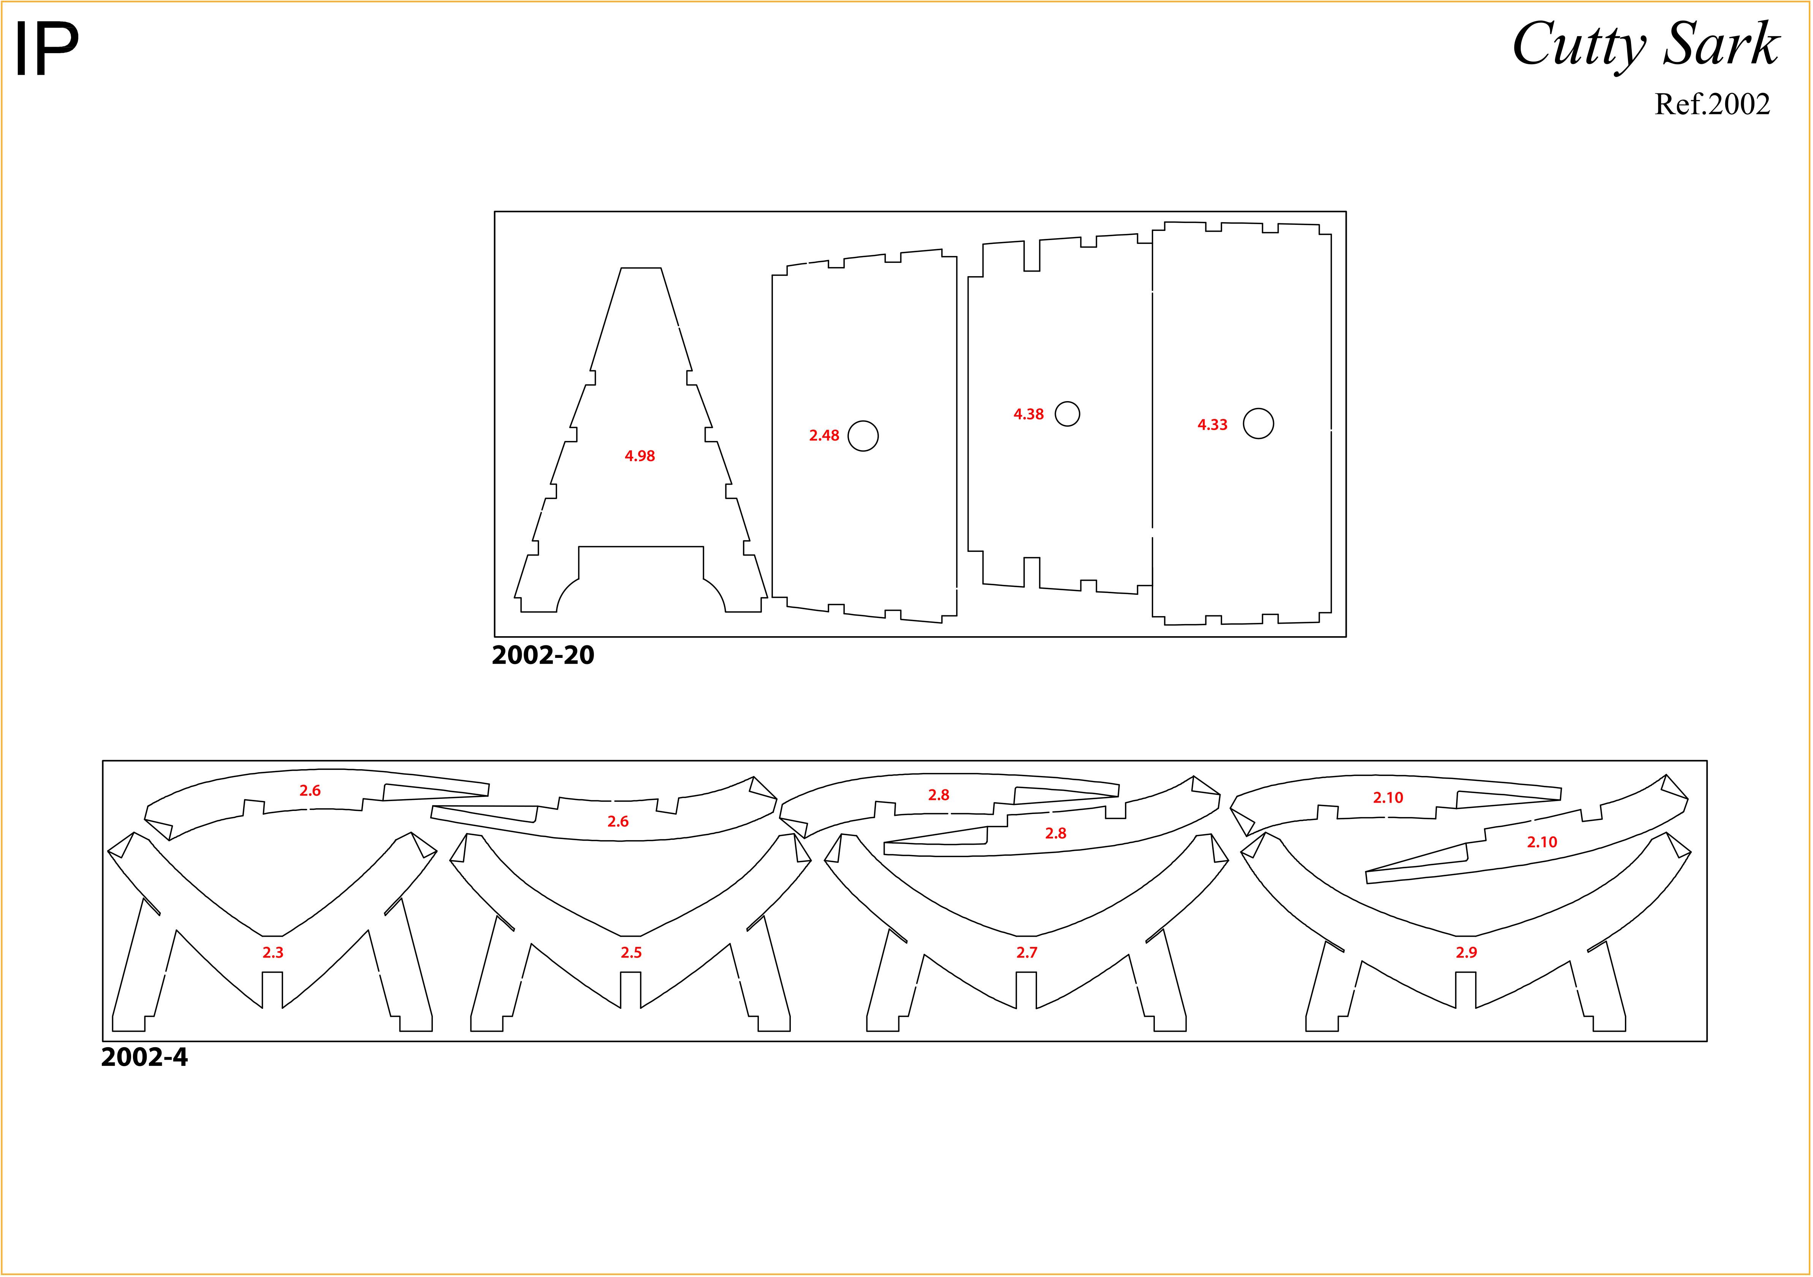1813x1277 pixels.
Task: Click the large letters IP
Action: pos(48,49)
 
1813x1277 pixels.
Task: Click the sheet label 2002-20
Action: pos(543,655)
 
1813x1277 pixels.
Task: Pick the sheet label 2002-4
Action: pos(144,1057)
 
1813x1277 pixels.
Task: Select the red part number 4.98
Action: pos(640,455)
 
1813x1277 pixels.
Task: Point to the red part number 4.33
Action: pos(1212,425)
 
